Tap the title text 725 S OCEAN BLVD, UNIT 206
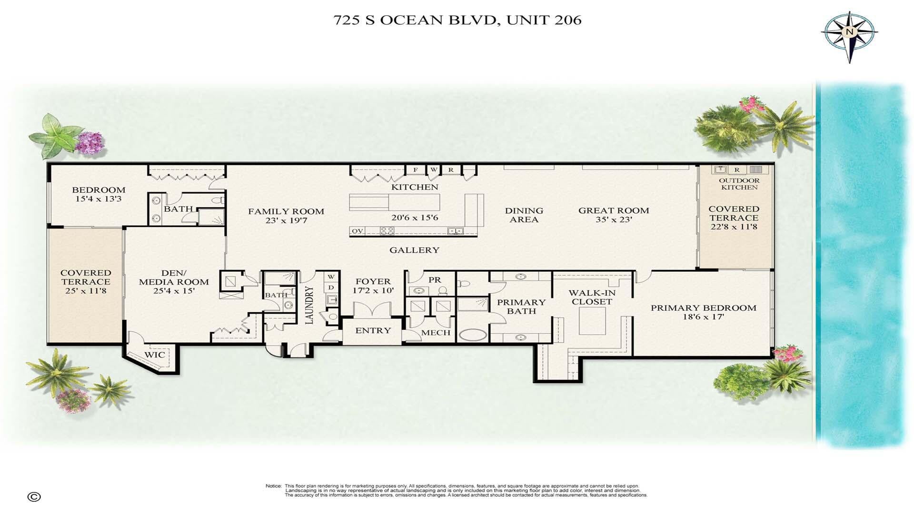pyautogui.click(x=457, y=20)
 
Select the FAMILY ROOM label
pyautogui.click(x=286, y=211)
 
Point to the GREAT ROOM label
pyautogui.click(x=614, y=210)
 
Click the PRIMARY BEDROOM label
pyautogui.click(x=704, y=308)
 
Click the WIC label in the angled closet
pyautogui.click(x=155, y=355)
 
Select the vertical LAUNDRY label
pyautogui.click(x=309, y=305)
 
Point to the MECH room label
pyautogui.click(x=436, y=333)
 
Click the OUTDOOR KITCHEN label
pyautogui.click(x=739, y=184)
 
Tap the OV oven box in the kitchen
pyautogui.click(x=358, y=231)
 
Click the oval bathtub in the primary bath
pyautogui.click(x=472, y=335)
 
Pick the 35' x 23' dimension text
pyautogui.click(x=614, y=220)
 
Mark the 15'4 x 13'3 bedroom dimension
pyautogui.click(x=99, y=199)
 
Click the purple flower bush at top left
pyautogui.click(x=90, y=141)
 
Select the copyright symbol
pyautogui.click(x=34, y=497)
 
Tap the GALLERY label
pyautogui.click(x=414, y=250)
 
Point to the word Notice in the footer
pyautogui.click(x=273, y=486)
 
